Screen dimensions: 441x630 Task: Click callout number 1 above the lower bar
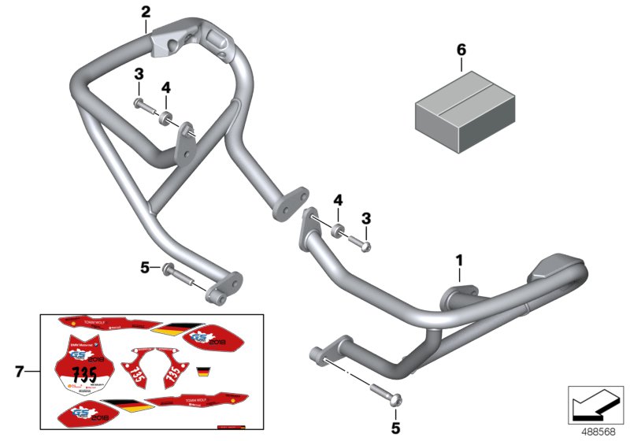(x=459, y=259)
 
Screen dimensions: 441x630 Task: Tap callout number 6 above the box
(x=461, y=50)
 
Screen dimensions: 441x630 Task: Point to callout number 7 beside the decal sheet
(x=20, y=369)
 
